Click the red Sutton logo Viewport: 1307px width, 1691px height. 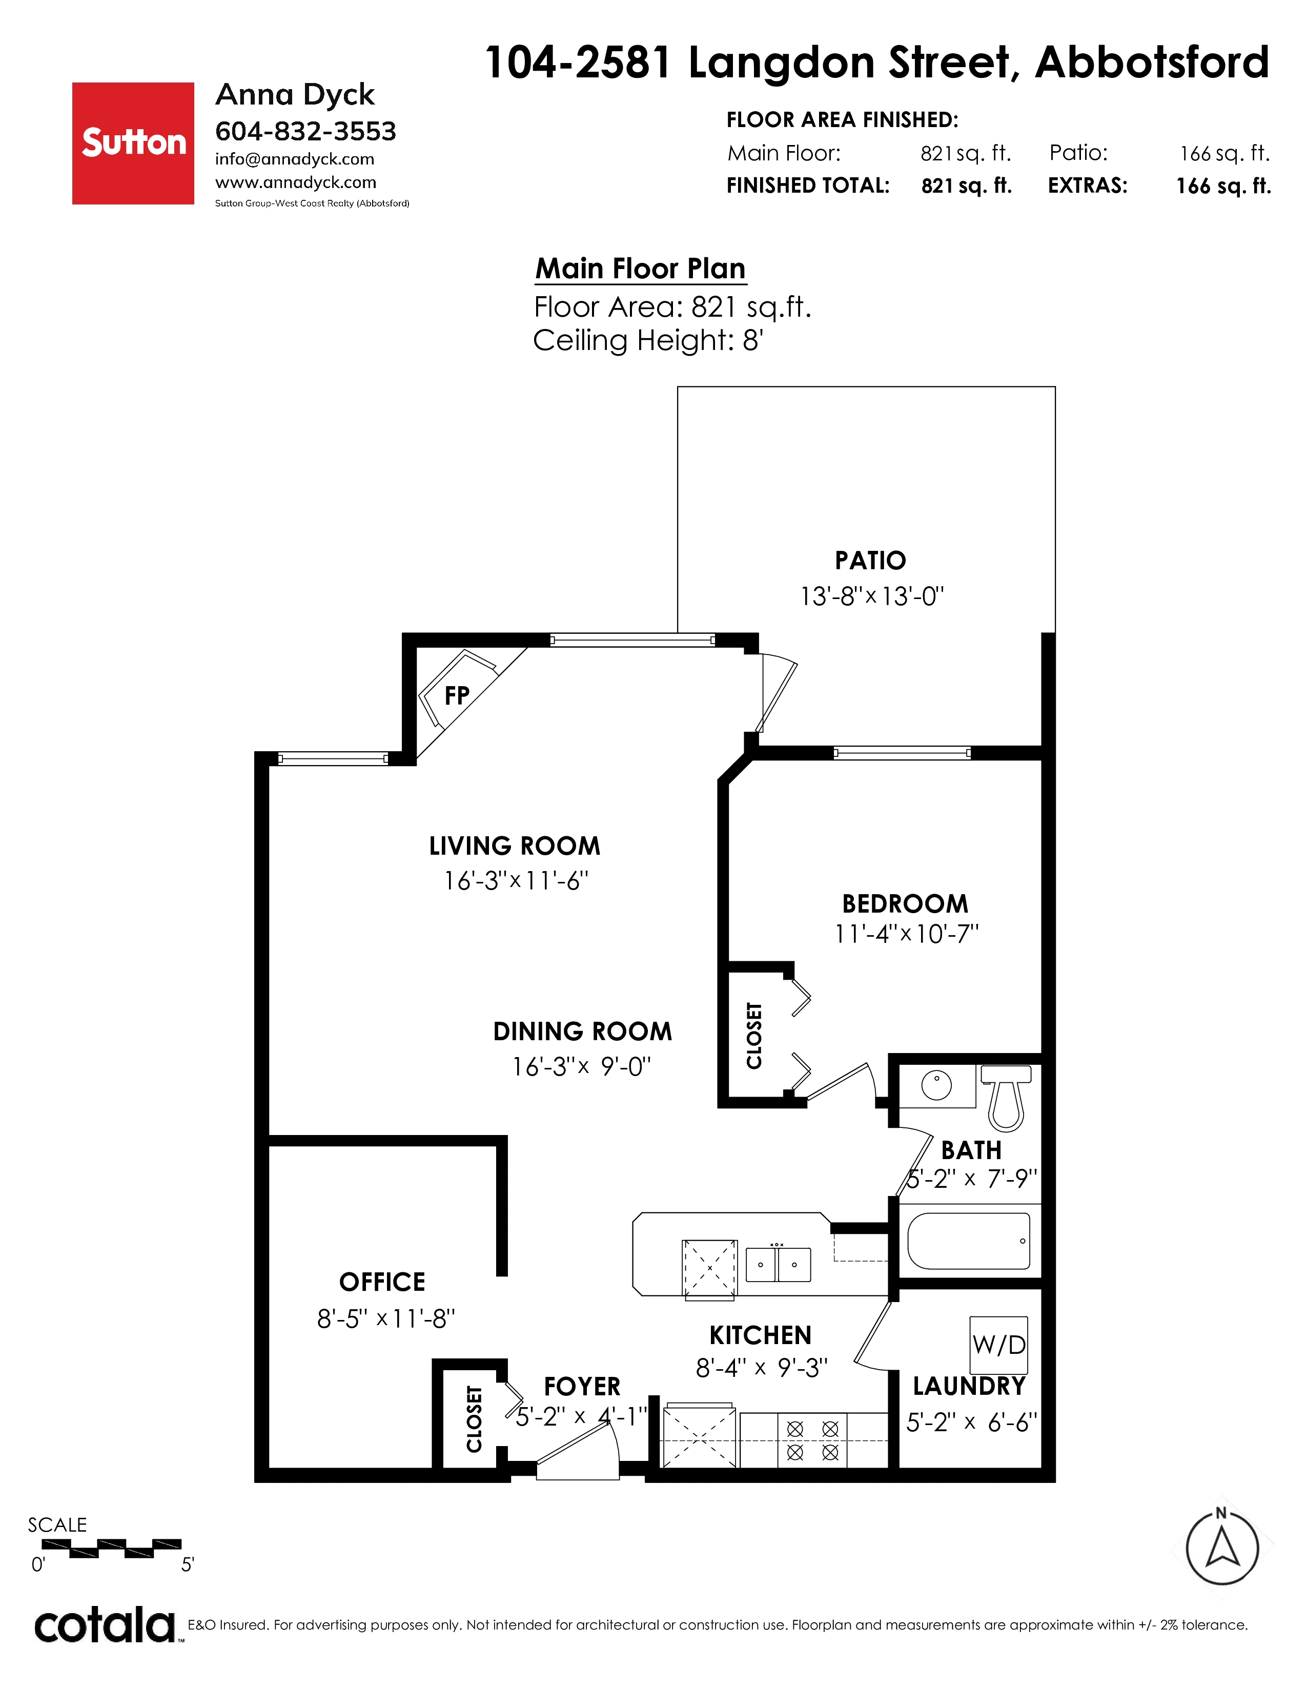(x=133, y=143)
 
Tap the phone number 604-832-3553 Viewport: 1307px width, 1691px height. (x=306, y=132)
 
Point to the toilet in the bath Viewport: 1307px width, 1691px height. (x=1006, y=1098)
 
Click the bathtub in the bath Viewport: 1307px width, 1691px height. (x=969, y=1241)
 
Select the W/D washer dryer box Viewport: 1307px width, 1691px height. (x=999, y=1345)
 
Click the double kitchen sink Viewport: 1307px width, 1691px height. (x=778, y=1264)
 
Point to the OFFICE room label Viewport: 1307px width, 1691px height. (x=382, y=1282)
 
